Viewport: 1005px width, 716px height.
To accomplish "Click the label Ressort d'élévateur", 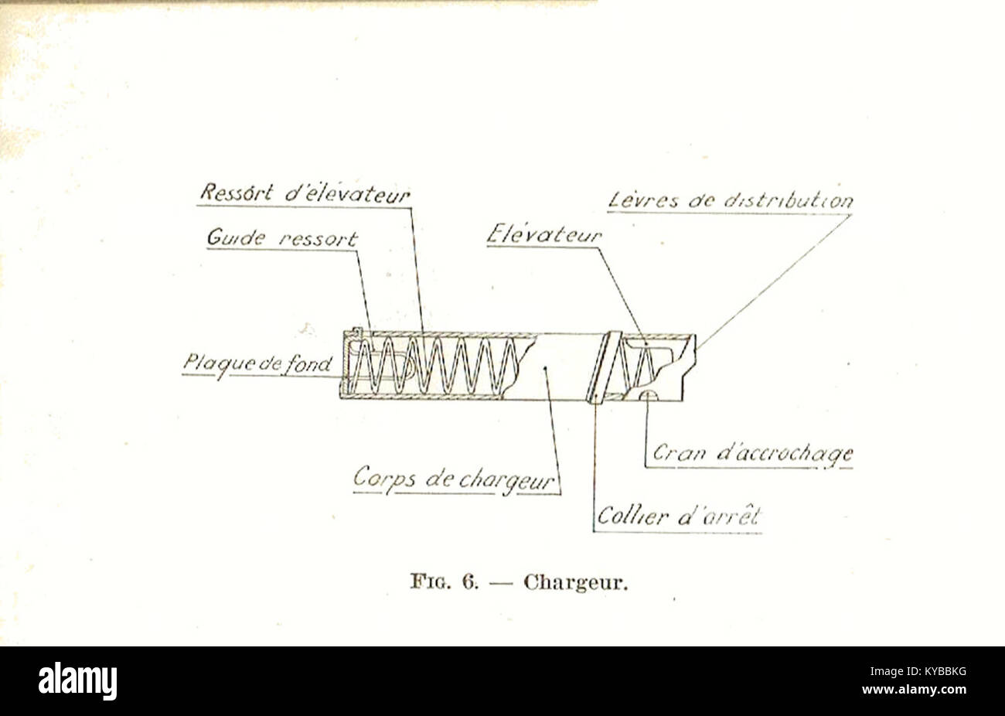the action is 305,193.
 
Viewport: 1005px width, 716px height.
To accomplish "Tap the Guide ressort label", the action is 282,238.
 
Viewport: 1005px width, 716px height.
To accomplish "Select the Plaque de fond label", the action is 257,364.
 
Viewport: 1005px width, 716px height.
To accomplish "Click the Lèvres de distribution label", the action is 731,200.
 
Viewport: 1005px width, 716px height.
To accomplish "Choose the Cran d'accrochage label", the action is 752,454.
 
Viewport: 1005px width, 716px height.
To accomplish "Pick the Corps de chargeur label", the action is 454,479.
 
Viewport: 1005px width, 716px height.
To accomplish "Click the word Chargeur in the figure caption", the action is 576,583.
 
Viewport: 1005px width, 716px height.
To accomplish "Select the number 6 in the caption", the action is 471,582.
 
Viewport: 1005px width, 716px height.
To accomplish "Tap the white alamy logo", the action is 78,681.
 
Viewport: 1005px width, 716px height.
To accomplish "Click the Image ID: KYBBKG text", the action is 918,672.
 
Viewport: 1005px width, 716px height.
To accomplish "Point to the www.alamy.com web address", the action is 914,689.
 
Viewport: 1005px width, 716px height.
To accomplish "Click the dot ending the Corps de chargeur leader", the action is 545,368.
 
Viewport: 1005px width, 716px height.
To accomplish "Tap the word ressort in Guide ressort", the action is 319,239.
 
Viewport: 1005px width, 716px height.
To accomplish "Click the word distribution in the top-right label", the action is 789,200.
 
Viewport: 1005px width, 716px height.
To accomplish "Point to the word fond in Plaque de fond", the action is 308,363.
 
